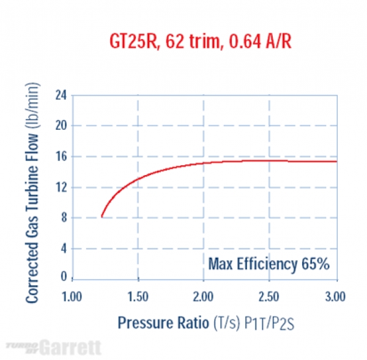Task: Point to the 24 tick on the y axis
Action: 61,96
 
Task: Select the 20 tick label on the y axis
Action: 61,126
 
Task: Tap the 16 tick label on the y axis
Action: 61,156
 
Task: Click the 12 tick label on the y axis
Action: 61,187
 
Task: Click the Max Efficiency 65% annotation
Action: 269,264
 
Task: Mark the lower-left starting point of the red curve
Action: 102,217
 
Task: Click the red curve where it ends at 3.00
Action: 336,161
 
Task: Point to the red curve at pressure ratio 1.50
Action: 138,179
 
